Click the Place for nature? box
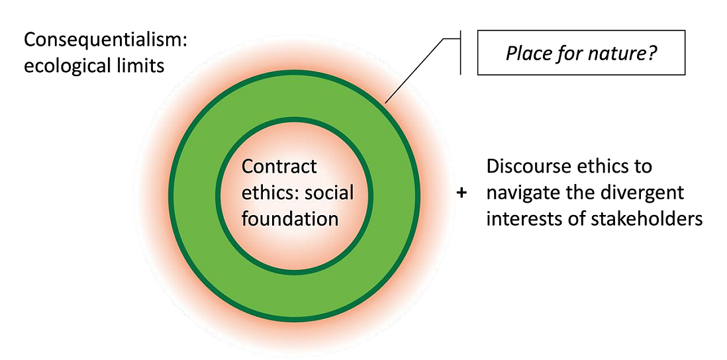581,52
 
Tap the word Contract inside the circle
279,166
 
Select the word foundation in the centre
290,218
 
